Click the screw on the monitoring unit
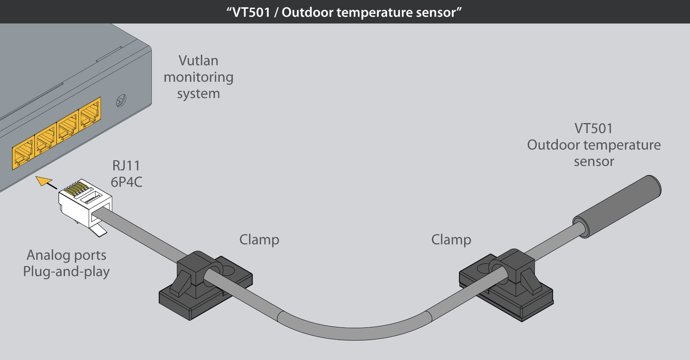[x=121, y=101]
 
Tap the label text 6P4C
[x=126, y=182]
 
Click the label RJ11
[x=126, y=166]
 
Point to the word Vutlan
[x=198, y=61]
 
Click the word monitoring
[x=198, y=77]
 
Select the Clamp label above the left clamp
[x=259, y=240]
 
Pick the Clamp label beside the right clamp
[x=451, y=240]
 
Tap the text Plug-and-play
[x=66, y=272]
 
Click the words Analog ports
[x=66, y=255]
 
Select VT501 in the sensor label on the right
[x=593, y=129]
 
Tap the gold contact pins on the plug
[x=76, y=189]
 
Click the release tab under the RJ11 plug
[x=99, y=230]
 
